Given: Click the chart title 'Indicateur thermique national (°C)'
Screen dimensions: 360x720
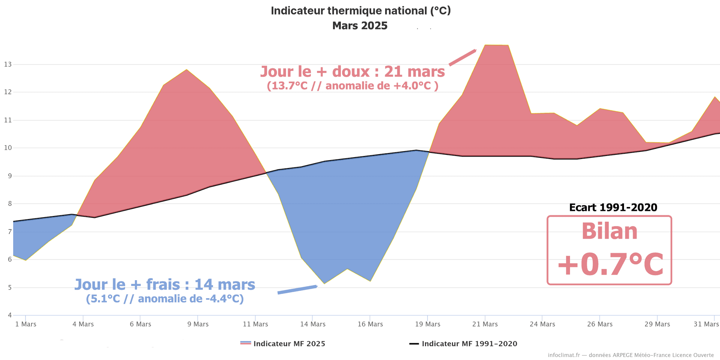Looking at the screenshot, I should tap(360, 10).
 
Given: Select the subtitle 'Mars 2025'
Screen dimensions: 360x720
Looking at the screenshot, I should tap(360, 25).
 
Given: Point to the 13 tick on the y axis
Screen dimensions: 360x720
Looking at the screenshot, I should tap(8, 64).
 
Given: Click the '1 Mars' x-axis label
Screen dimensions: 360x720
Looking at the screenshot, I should tap(25, 324).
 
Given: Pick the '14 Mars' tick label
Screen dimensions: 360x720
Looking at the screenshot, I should tap(312, 324).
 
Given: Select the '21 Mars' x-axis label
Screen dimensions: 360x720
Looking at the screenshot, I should tap(485, 324).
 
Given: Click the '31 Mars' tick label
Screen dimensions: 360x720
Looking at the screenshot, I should tap(706, 324).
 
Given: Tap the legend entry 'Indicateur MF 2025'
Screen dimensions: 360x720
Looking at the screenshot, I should tap(289, 343).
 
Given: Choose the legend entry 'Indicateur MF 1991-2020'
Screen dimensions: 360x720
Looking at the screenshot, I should tap(469, 343).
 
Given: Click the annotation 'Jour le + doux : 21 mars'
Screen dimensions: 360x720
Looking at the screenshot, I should tap(352, 71).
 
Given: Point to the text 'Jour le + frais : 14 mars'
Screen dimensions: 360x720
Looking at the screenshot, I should tap(165, 284).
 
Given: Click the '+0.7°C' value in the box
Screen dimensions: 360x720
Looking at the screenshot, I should tap(610, 264).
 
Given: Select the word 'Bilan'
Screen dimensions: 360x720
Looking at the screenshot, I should tap(609, 231).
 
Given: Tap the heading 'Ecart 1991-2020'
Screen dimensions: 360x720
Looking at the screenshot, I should tap(613, 207).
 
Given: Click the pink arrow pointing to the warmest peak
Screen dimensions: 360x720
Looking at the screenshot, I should tap(462, 57).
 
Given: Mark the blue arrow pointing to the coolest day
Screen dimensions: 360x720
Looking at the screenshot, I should tap(297, 289).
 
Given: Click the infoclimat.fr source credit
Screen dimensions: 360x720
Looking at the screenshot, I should tap(631, 355).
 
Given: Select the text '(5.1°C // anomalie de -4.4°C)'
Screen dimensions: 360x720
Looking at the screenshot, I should tap(165, 299).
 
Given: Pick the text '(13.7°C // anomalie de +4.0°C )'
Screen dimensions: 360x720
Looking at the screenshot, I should tap(352, 86).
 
